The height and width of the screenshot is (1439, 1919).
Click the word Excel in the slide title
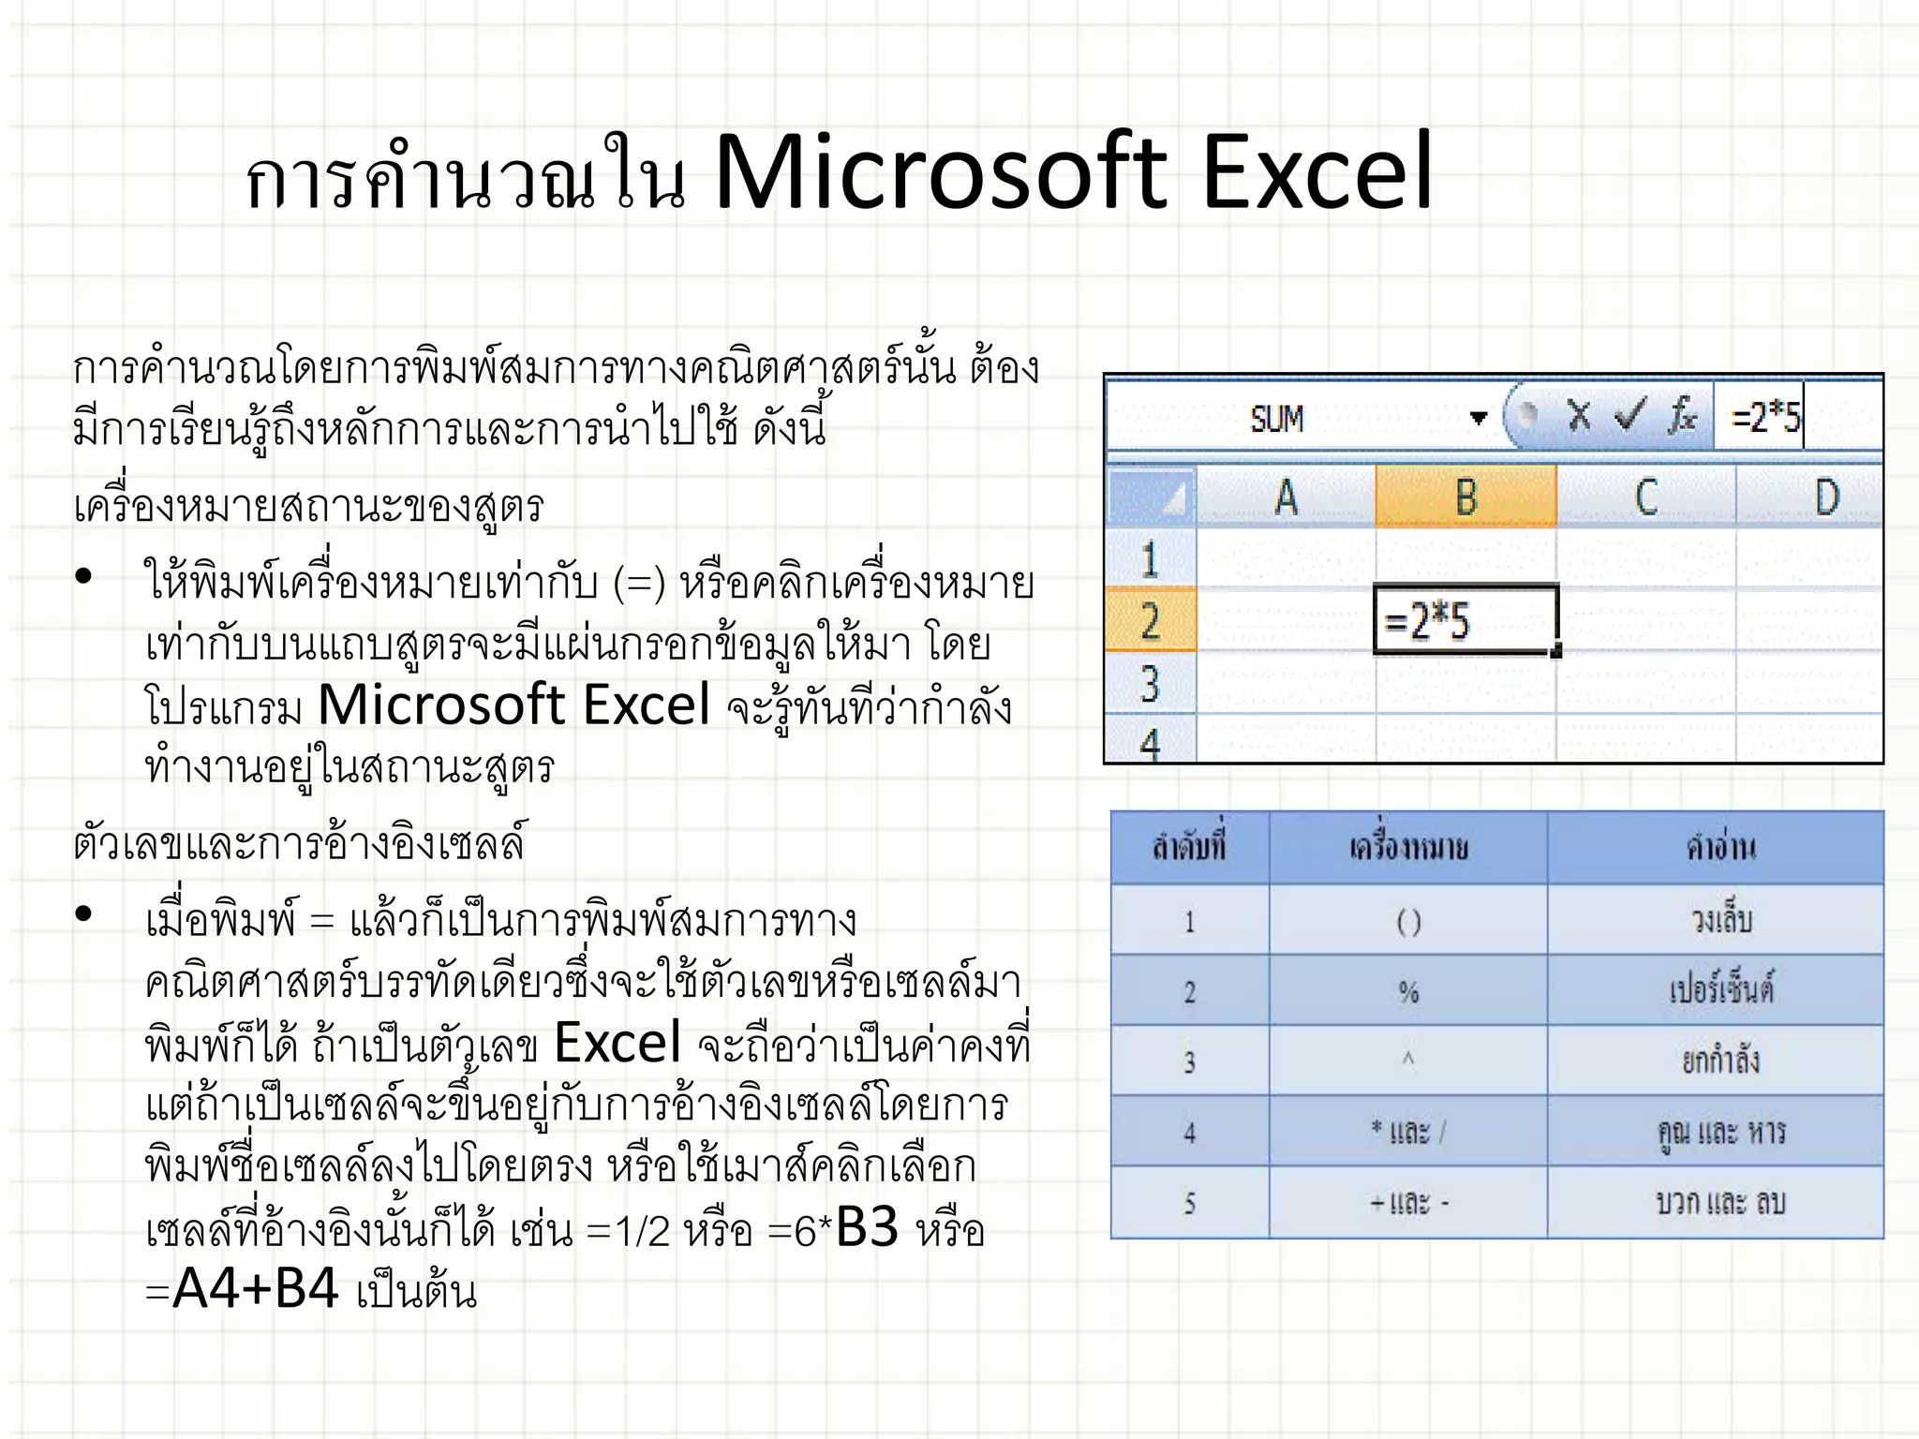(1317, 172)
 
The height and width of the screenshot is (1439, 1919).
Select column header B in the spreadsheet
(1465, 496)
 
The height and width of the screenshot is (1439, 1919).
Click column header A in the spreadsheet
(1286, 496)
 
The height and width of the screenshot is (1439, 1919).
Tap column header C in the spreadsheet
(1645, 496)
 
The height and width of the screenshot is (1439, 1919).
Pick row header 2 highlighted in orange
(1151, 620)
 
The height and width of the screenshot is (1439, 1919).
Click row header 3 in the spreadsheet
(1151, 683)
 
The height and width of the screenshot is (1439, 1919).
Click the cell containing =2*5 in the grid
(1464, 620)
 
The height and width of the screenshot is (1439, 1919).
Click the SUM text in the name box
(1276, 418)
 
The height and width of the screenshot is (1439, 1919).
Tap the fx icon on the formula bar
(1682, 415)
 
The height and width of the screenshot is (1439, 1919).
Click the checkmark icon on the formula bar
(1630, 415)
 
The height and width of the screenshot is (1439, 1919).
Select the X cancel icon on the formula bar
(1579, 415)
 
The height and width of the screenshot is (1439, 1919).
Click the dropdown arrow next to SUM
(1479, 418)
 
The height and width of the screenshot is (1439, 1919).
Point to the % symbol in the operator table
(1408, 991)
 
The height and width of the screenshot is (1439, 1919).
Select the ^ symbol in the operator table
(1407, 1060)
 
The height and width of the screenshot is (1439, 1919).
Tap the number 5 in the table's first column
(1189, 1203)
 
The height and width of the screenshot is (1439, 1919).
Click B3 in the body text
(867, 1227)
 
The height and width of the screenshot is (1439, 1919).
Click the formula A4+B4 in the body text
(255, 1288)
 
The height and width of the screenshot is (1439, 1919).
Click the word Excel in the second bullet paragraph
(617, 1043)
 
